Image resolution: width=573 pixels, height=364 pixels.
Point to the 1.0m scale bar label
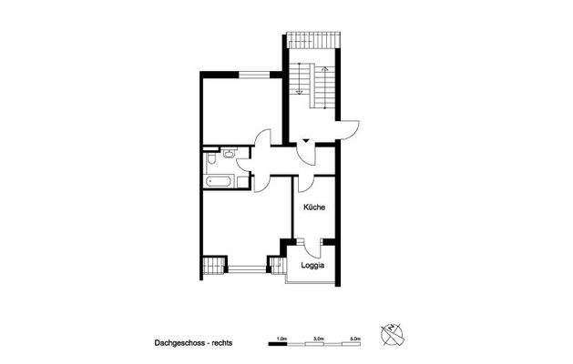point(281,336)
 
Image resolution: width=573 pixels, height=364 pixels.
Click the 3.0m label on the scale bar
point(319,336)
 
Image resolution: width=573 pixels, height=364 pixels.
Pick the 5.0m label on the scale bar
point(356,336)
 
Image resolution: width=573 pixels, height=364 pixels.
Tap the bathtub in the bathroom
point(220,182)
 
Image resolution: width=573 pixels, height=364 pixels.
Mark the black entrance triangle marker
point(307,139)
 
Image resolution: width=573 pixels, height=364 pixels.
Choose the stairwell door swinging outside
point(351,130)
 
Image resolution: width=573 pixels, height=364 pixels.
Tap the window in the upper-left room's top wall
point(261,72)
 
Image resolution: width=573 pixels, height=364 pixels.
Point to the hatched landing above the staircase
point(312,41)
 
